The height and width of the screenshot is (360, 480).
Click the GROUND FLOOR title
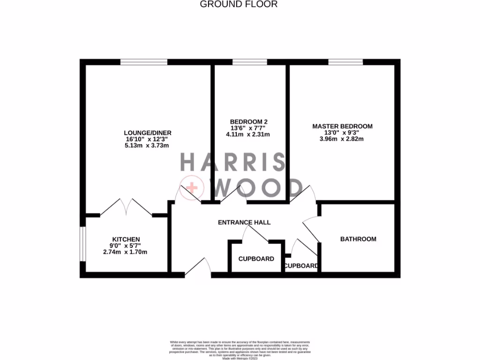pos(239,4)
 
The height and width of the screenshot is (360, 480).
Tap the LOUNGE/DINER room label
pos(144,133)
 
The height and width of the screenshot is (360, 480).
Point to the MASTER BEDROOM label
pos(342,126)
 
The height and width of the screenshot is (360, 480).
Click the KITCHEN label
pos(125,239)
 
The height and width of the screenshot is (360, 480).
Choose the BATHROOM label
pos(358,239)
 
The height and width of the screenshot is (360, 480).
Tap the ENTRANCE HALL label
pos(244,222)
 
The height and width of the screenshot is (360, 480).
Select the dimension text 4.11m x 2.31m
pos(248,134)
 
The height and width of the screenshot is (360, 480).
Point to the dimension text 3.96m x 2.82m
pos(342,139)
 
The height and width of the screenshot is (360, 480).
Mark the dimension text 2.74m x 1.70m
pos(125,252)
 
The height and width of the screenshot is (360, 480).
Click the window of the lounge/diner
pos(144,62)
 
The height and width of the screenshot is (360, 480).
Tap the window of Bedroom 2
pos(249,62)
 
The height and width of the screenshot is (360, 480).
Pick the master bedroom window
pos(345,62)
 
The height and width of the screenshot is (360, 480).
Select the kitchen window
pos(82,244)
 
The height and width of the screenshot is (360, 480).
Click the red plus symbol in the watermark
pos(192,188)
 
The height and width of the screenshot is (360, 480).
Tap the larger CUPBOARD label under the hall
pos(256,259)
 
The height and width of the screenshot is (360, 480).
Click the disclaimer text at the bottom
pos(240,349)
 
